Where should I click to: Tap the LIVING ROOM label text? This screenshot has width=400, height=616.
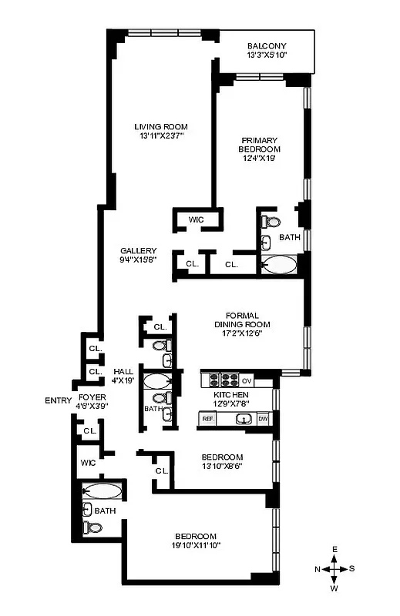click(x=160, y=127)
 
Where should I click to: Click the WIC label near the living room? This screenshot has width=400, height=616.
click(x=197, y=220)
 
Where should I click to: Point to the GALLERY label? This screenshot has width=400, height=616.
click(x=139, y=251)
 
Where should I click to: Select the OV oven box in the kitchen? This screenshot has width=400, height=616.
click(x=247, y=380)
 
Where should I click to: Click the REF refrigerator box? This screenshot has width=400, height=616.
click(x=207, y=419)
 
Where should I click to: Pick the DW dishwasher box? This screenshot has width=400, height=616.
click(x=264, y=419)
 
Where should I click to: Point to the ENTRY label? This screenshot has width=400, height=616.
click(x=58, y=400)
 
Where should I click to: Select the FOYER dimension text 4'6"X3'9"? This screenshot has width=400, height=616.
click(x=92, y=406)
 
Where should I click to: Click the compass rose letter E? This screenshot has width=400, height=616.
click(x=335, y=549)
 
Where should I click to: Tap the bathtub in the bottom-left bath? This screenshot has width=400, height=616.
click(x=103, y=490)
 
